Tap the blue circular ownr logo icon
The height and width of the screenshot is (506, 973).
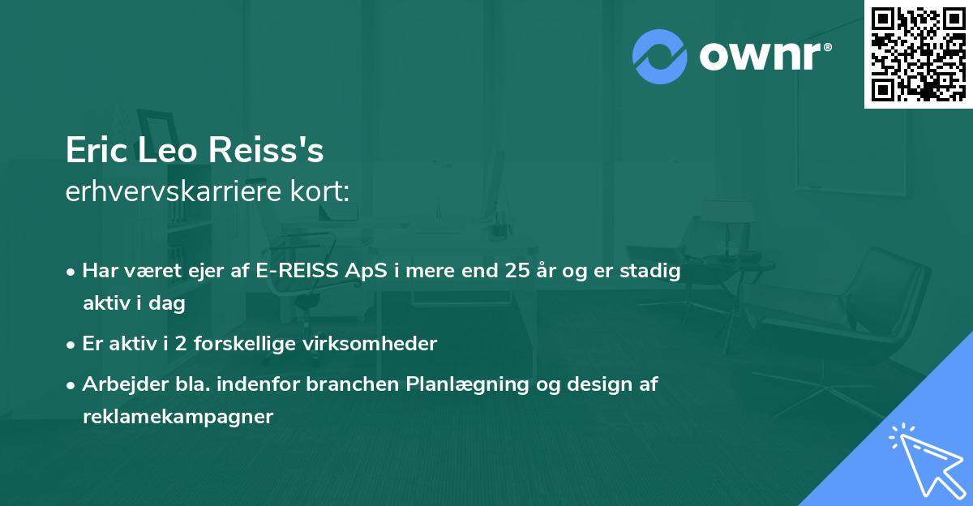pyautogui.click(x=660, y=57)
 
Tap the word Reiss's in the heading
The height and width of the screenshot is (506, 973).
pyautogui.click(x=272, y=152)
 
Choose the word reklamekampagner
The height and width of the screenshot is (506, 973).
pyautogui.click(x=178, y=417)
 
